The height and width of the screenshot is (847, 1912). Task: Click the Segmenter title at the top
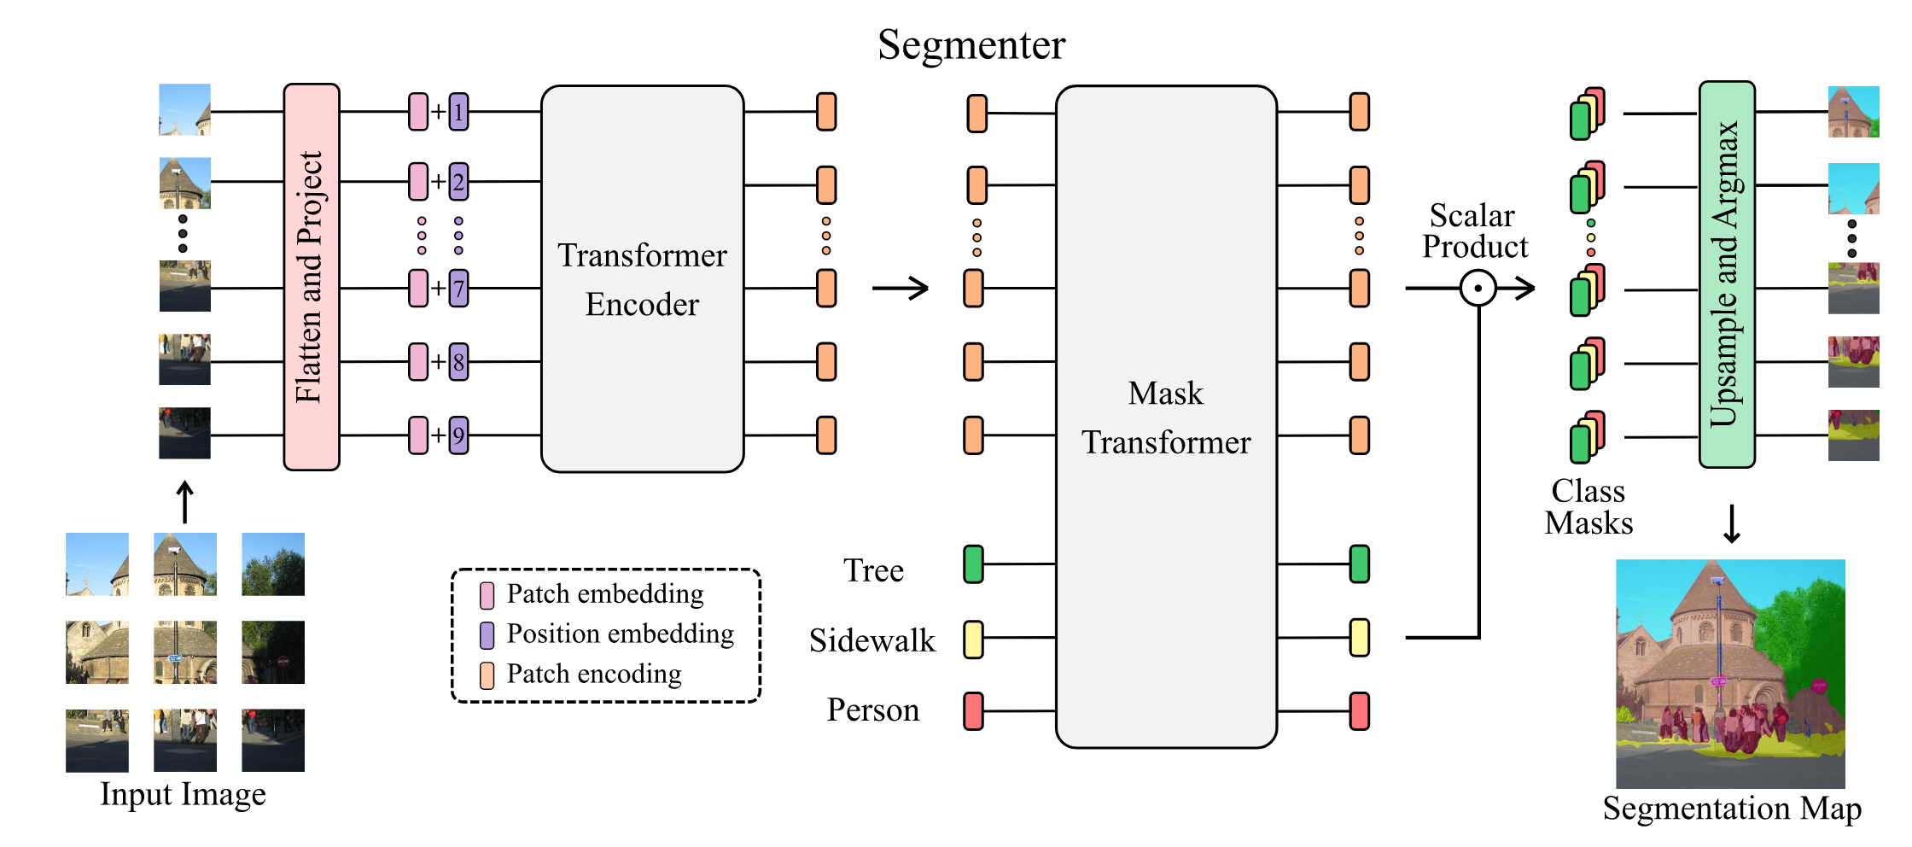point(971,44)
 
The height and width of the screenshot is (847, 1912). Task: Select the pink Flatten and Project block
point(312,277)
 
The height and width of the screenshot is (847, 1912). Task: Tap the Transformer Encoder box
point(642,278)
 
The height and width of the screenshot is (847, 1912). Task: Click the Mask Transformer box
point(1166,417)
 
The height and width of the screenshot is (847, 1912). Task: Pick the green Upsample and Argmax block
point(1726,274)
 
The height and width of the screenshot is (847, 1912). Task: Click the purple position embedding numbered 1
point(459,112)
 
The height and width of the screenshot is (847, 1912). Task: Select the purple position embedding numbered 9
point(459,435)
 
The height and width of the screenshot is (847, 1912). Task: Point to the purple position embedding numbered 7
point(459,289)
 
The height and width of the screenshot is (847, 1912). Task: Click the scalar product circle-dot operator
point(1478,289)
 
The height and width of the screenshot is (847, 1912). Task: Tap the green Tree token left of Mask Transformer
point(973,564)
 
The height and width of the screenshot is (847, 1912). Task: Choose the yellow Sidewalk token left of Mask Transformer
point(973,639)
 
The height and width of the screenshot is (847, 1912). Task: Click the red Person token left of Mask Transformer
point(973,711)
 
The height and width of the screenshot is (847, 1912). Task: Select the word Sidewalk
point(871,640)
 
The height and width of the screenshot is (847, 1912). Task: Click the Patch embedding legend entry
point(594,594)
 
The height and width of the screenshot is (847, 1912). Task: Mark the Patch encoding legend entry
point(583,675)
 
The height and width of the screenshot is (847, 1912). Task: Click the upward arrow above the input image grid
point(184,502)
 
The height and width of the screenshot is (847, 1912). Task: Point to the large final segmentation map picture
point(1730,674)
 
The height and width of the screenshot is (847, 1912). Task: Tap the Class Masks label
point(1588,507)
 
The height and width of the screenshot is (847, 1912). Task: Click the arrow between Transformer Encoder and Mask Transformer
point(901,289)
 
